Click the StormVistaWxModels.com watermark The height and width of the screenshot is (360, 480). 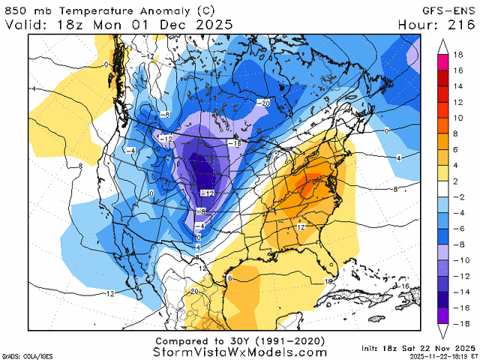(x=240, y=351)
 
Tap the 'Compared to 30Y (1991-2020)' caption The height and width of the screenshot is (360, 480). (x=240, y=339)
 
